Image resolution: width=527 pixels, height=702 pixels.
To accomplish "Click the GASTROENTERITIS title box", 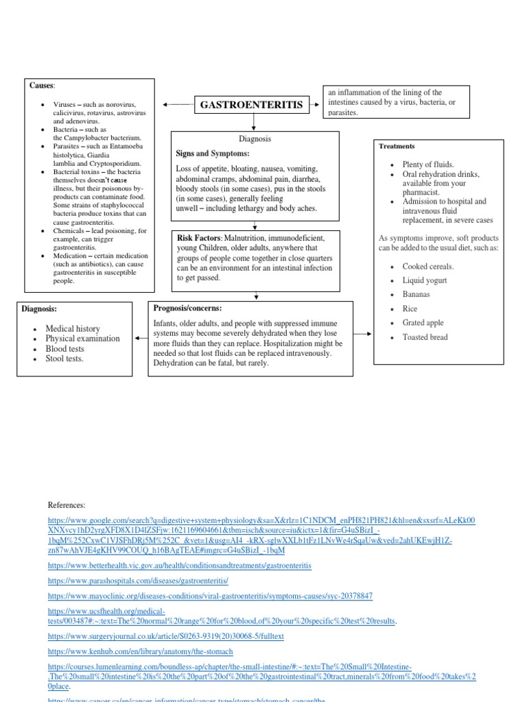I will click(250, 105).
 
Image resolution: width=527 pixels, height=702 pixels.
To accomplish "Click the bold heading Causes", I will click(41, 85).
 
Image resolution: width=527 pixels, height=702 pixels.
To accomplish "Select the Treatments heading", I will click(397, 146).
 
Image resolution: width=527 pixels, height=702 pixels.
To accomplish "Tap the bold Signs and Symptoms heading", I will click(212, 154).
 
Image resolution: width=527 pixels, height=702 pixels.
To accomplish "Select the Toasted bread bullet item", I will click(425, 337).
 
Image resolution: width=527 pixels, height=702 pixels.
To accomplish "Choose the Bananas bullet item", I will click(417, 294).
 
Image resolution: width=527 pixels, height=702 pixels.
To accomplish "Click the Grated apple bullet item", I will click(423, 323).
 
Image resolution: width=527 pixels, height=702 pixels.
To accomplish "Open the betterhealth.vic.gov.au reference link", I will click(179, 566).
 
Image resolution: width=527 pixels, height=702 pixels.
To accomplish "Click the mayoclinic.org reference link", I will click(210, 596).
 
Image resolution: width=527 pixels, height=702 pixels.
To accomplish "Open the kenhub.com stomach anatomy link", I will click(140, 651).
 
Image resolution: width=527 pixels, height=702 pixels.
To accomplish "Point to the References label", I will click(67, 505).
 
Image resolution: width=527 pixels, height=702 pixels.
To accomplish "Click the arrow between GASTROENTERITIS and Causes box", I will click(176, 105).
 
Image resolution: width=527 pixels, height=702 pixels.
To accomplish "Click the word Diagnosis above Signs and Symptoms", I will click(255, 138).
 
